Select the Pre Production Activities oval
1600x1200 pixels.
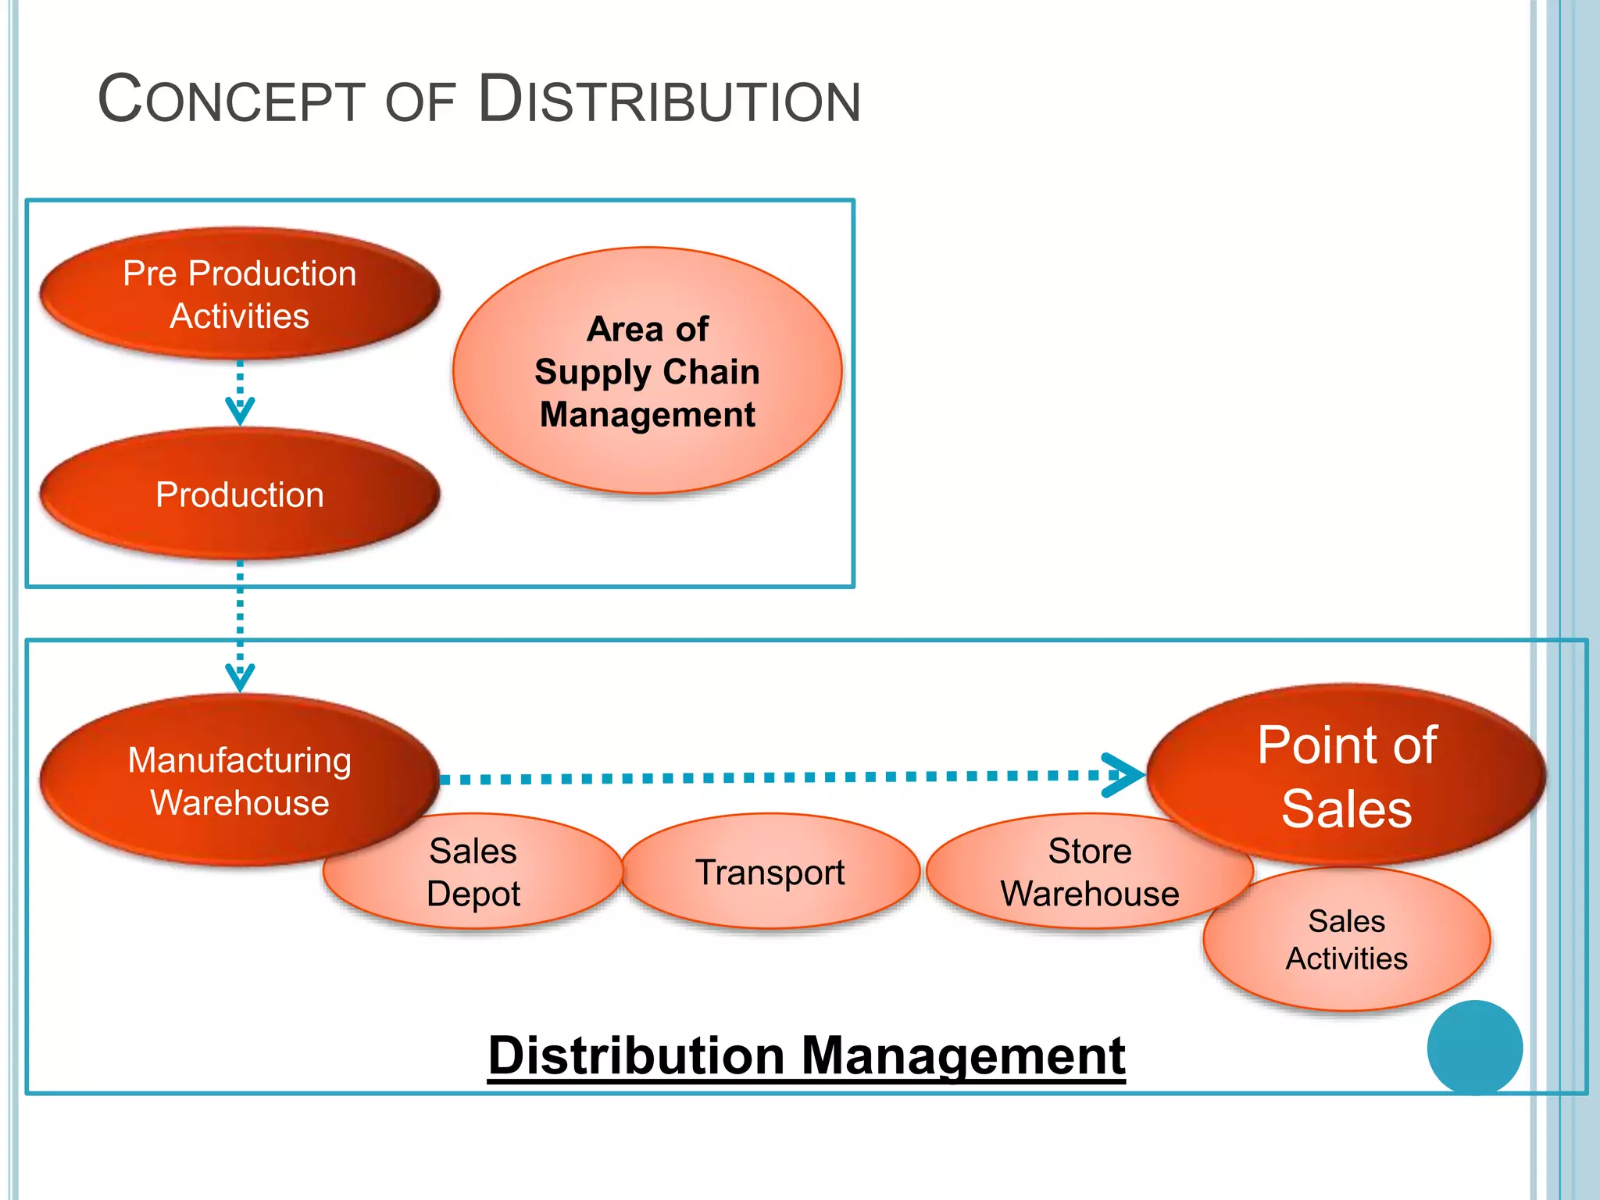point(239,294)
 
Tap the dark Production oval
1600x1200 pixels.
point(239,495)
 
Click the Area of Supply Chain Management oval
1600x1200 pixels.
point(647,370)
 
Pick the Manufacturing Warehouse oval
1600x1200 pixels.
point(239,780)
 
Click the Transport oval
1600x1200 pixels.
point(770,872)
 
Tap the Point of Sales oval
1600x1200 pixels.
point(1346,775)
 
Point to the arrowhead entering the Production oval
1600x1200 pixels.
point(240,411)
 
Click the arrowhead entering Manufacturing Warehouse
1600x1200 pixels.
point(240,677)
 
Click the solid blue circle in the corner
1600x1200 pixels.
point(1474,1047)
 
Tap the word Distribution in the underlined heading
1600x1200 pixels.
point(636,1056)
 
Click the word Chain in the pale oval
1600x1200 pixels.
point(711,372)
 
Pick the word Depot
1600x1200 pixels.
point(473,894)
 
